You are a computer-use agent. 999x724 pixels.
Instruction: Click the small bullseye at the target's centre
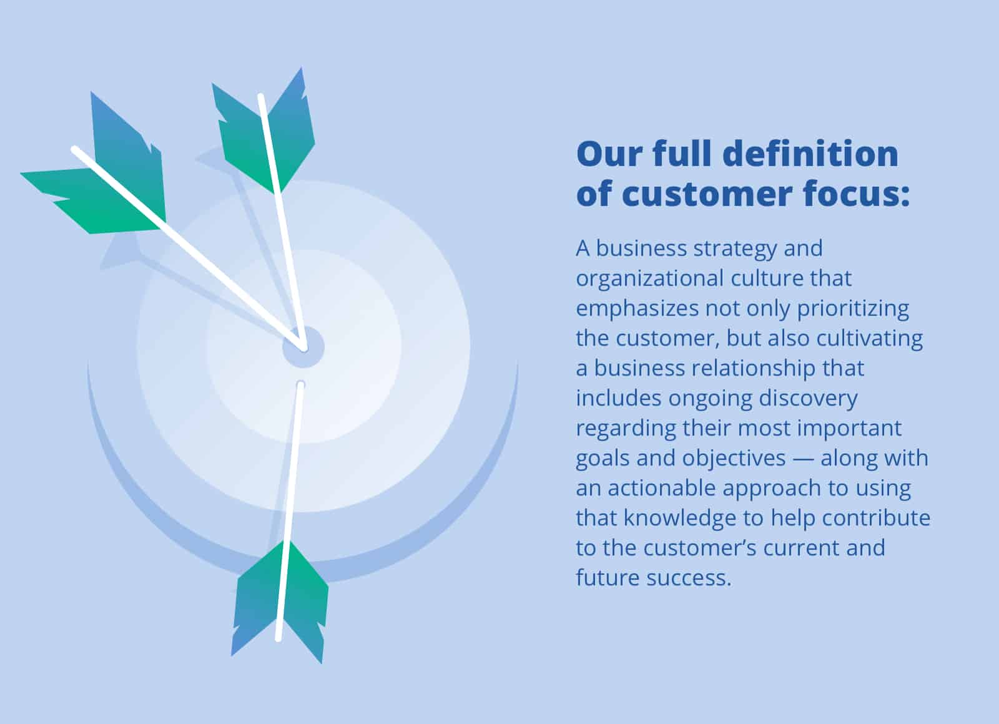303,347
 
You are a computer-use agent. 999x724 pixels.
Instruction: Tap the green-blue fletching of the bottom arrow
281,599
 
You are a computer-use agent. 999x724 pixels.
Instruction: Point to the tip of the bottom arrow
300,384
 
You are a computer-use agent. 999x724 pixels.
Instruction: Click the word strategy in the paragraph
735,249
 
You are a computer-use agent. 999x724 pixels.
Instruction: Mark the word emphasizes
637,308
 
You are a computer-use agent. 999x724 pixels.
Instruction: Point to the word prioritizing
852,308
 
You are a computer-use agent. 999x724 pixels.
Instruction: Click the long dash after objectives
803,458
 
